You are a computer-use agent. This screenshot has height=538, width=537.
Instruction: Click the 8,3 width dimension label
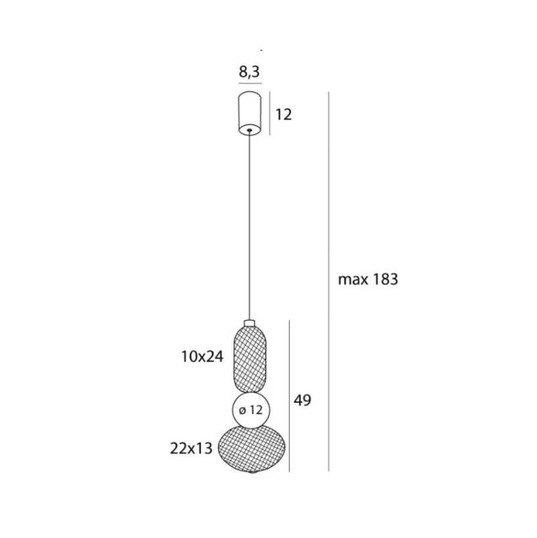249,72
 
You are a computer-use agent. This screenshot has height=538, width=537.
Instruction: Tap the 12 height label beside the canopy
284,114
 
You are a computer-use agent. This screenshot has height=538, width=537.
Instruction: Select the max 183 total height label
368,279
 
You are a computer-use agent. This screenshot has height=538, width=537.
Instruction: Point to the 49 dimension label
303,400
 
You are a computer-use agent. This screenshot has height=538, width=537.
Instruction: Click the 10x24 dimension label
202,357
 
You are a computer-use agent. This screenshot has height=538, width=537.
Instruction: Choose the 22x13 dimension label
191,448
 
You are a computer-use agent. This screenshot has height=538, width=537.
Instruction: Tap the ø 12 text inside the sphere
251,410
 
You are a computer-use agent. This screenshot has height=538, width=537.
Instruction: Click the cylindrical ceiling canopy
249,112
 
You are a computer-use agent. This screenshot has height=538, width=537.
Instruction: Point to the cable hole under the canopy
249,130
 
